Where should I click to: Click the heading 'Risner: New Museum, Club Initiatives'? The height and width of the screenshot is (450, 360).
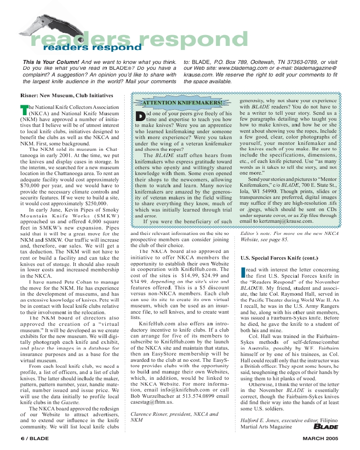67,96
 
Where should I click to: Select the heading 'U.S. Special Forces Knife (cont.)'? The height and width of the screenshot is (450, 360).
279,258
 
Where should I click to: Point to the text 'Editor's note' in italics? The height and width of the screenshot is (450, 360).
256,234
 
